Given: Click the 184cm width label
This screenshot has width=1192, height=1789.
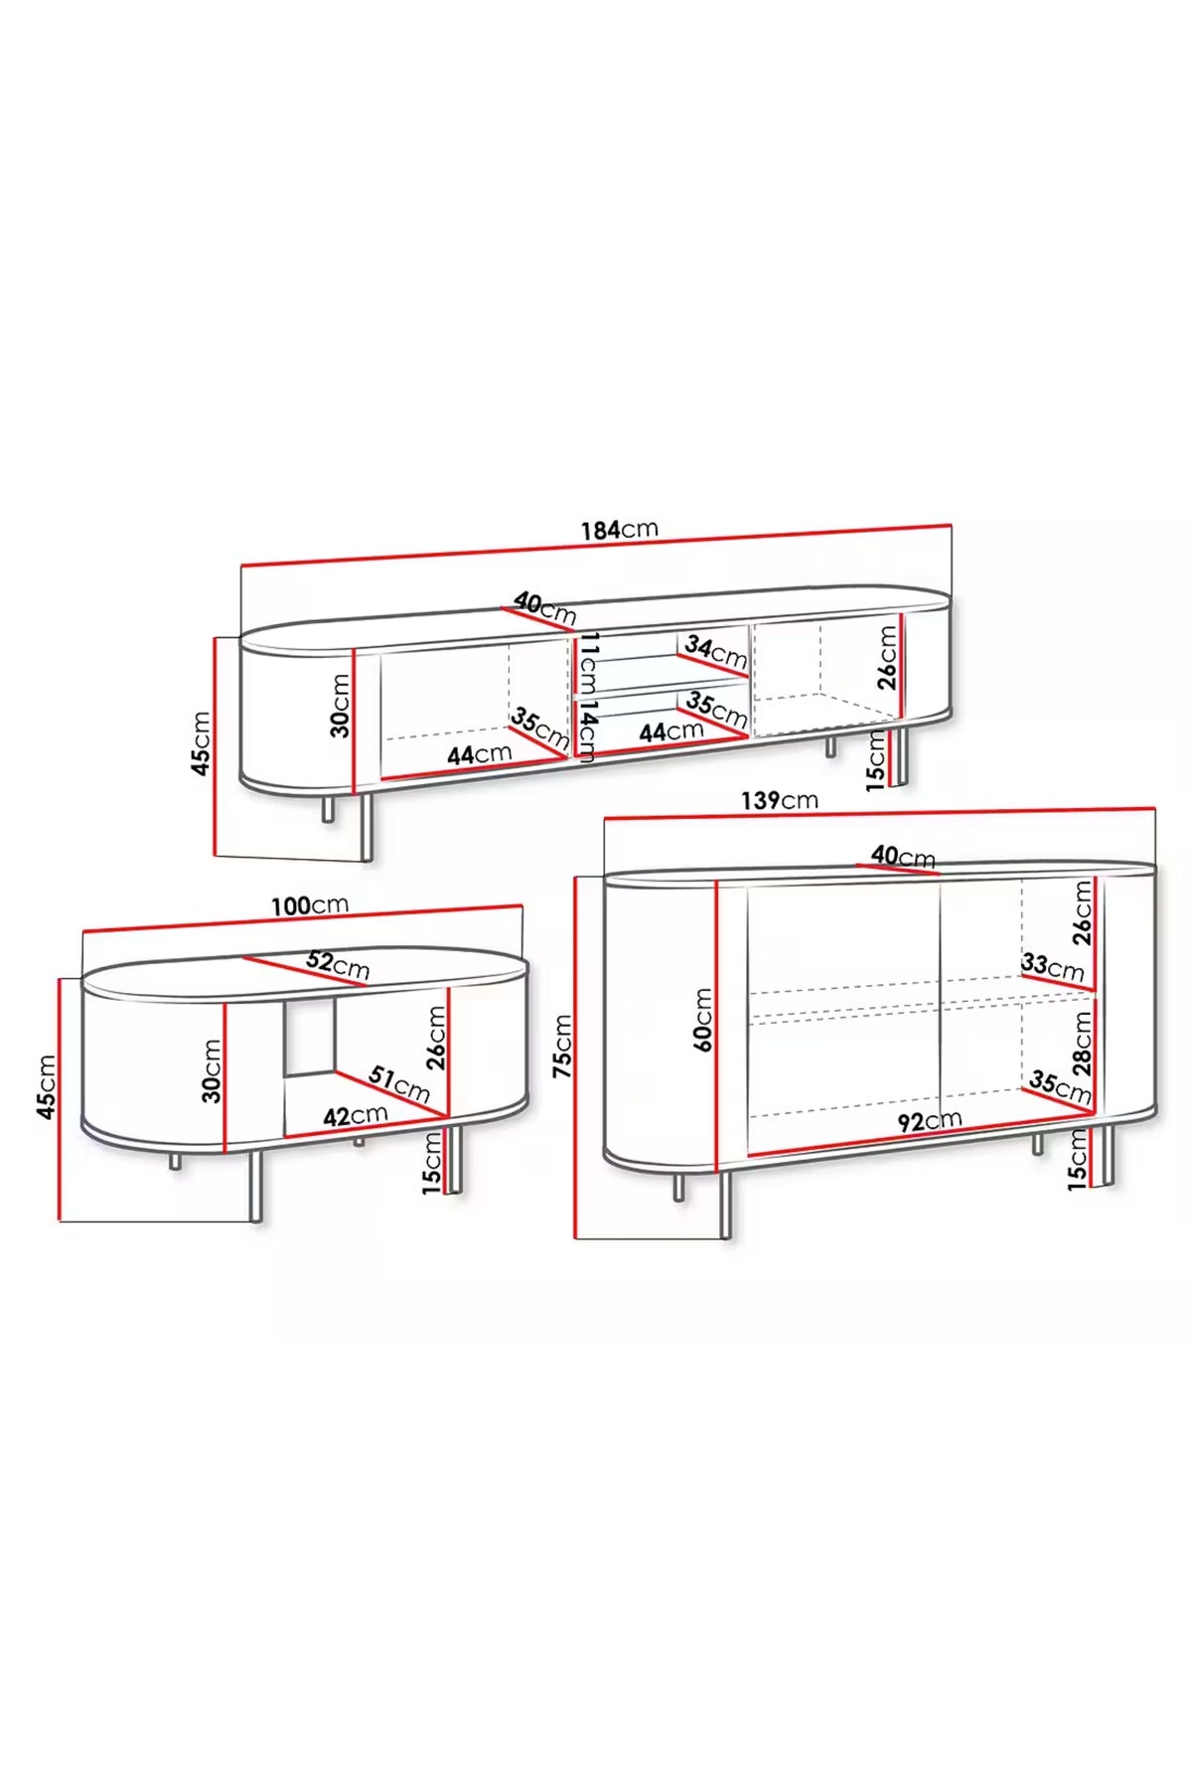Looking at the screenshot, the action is (620, 529).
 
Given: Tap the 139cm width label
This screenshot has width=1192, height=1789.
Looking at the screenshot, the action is (780, 800).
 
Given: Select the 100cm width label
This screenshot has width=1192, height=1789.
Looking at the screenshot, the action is (310, 905).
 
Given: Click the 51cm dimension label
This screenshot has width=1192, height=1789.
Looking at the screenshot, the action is (399, 1083).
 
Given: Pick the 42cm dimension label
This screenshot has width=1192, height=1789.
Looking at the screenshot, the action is (356, 1115).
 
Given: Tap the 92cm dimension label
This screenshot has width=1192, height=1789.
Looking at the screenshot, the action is (930, 1121).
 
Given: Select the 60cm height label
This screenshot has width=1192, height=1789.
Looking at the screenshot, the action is (702, 1020).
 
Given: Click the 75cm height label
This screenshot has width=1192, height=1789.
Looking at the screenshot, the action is (562, 1047).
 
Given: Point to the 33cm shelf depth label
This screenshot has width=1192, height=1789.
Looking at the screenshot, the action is (1052, 965).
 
